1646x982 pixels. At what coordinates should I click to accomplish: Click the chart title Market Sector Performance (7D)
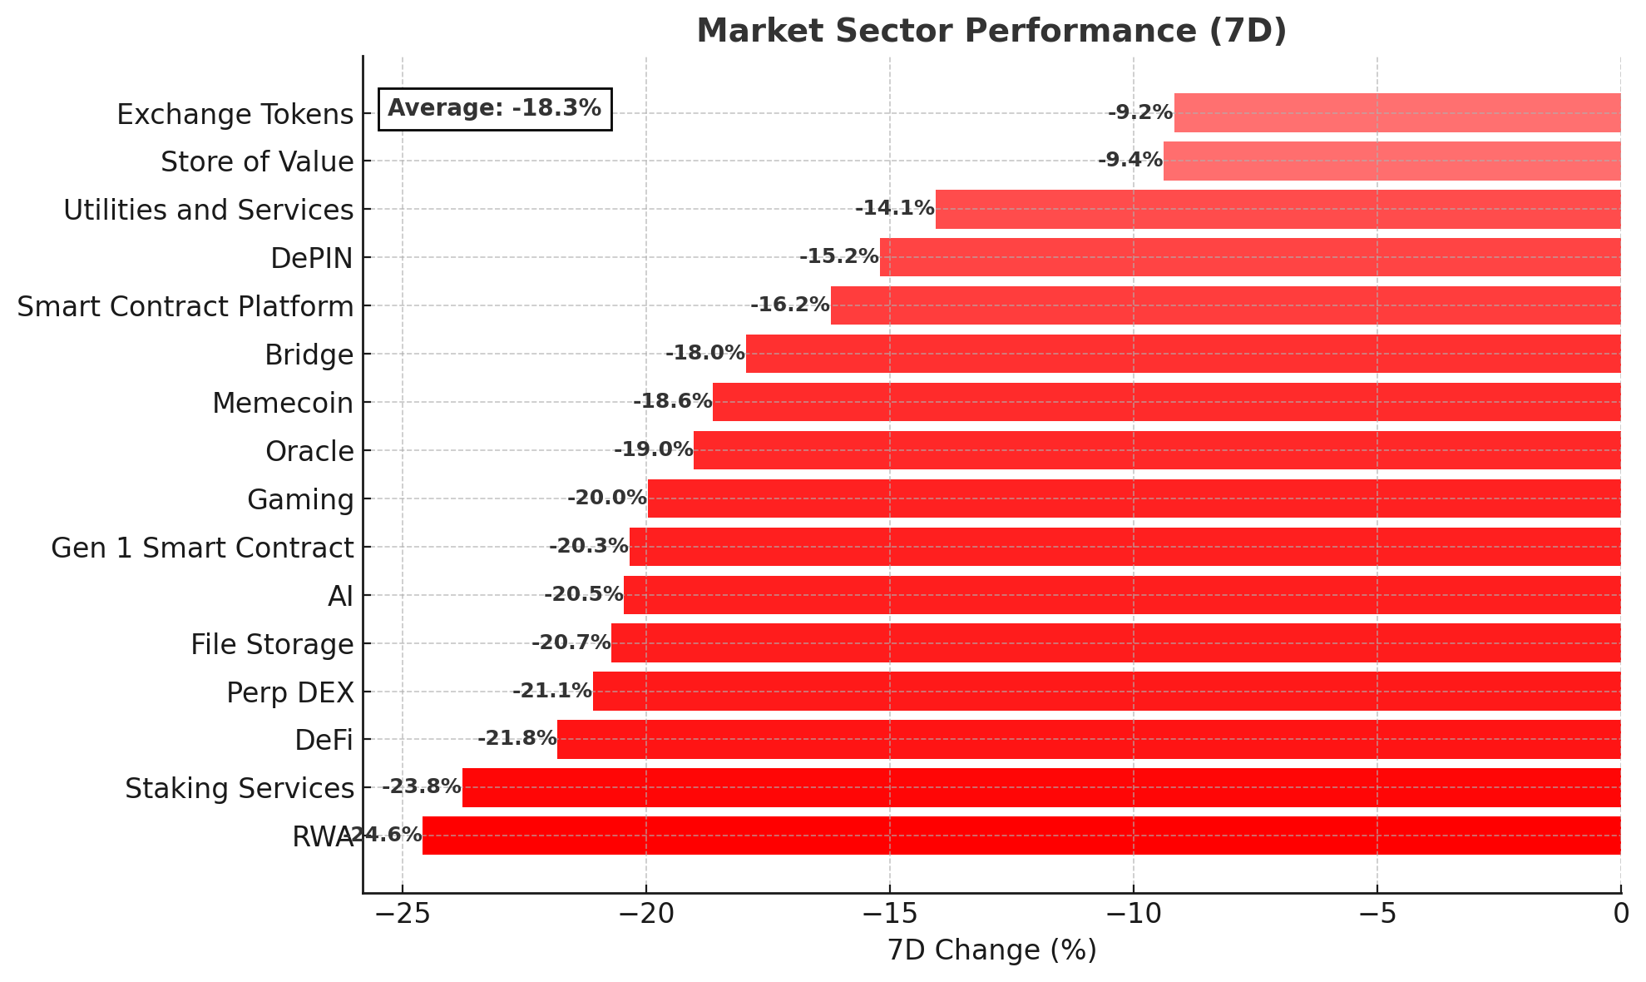pos(991,32)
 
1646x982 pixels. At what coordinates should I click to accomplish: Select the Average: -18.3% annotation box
pos(495,109)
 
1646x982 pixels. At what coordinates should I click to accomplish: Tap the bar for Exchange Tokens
pos(1396,113)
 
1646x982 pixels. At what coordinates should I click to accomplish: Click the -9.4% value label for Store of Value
pos(1130,160)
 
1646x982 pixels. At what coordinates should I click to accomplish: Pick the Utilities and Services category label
pos(209,211)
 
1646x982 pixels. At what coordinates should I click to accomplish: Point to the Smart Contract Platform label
pos(185,307)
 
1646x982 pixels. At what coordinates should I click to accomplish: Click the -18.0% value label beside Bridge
pos(705,353)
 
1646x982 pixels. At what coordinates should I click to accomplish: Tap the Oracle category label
pos(309,452)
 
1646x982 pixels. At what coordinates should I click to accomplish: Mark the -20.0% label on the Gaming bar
pos(607,498)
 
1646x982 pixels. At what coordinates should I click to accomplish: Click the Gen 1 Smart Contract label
pos(202,548)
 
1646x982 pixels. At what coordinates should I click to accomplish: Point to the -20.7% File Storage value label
pos(571,642)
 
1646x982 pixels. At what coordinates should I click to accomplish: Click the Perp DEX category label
pos(290,692)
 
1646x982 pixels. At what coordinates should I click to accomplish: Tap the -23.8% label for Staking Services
pos(422,786)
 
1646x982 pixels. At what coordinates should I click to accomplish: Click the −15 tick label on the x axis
pos(889,915)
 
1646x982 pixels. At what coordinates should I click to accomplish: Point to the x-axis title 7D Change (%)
pos(991,950)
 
